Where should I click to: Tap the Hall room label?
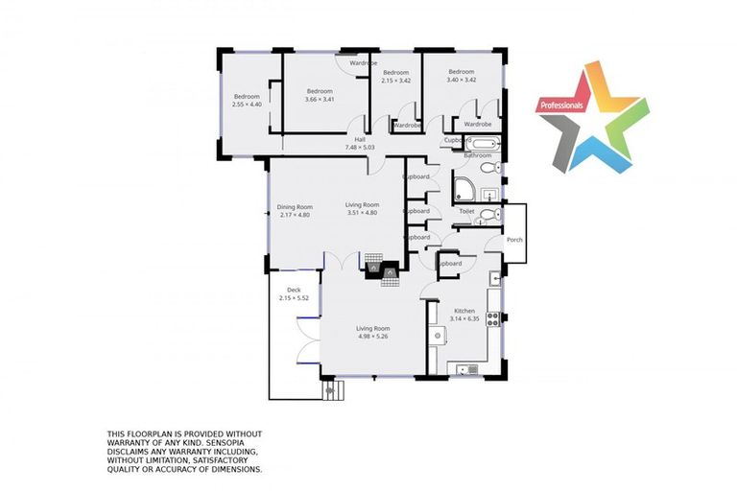click(360, 140)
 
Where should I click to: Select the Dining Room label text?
click(296, 207)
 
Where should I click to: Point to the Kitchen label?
click(464, 311)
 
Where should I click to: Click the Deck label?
click(294, 290)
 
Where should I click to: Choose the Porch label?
click(514, 239)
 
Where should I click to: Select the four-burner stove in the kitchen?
click(493, 317)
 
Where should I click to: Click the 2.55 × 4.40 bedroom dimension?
click(247, 104)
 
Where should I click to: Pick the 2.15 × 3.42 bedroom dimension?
click(396, 81)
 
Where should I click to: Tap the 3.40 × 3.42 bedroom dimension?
click(462, 81)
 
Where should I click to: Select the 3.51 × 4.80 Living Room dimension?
click(363, 213)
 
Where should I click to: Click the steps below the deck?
click(332, 389)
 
